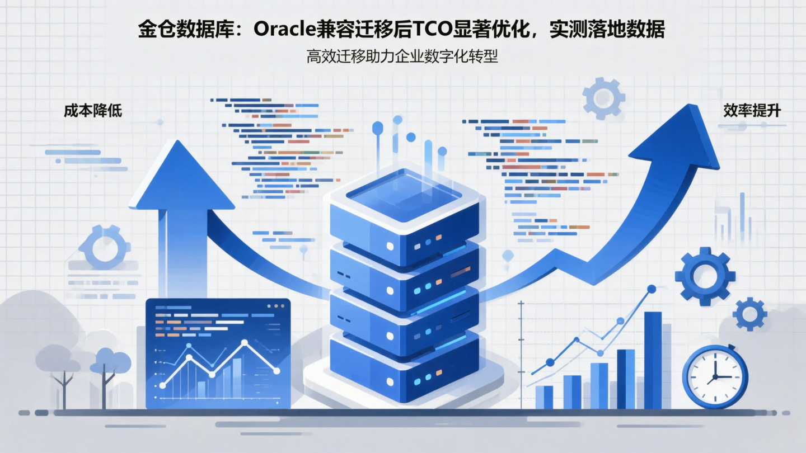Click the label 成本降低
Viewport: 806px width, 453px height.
(93, 111)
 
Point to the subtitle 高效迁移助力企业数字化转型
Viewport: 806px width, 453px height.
(402, 56)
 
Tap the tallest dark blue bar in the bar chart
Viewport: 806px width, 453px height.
(653, 360)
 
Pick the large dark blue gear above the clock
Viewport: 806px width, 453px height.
(705, 276)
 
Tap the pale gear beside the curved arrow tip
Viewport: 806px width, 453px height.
(603, 98)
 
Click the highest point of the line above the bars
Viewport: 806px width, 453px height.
(651, 289)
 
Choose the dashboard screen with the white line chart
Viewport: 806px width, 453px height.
(218, 353)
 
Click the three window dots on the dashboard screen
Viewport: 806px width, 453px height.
(276, 306)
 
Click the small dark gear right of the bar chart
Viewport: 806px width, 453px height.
(749, 314)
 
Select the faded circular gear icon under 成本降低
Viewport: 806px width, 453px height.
(104, 247)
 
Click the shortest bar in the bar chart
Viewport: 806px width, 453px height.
(544, 397)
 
